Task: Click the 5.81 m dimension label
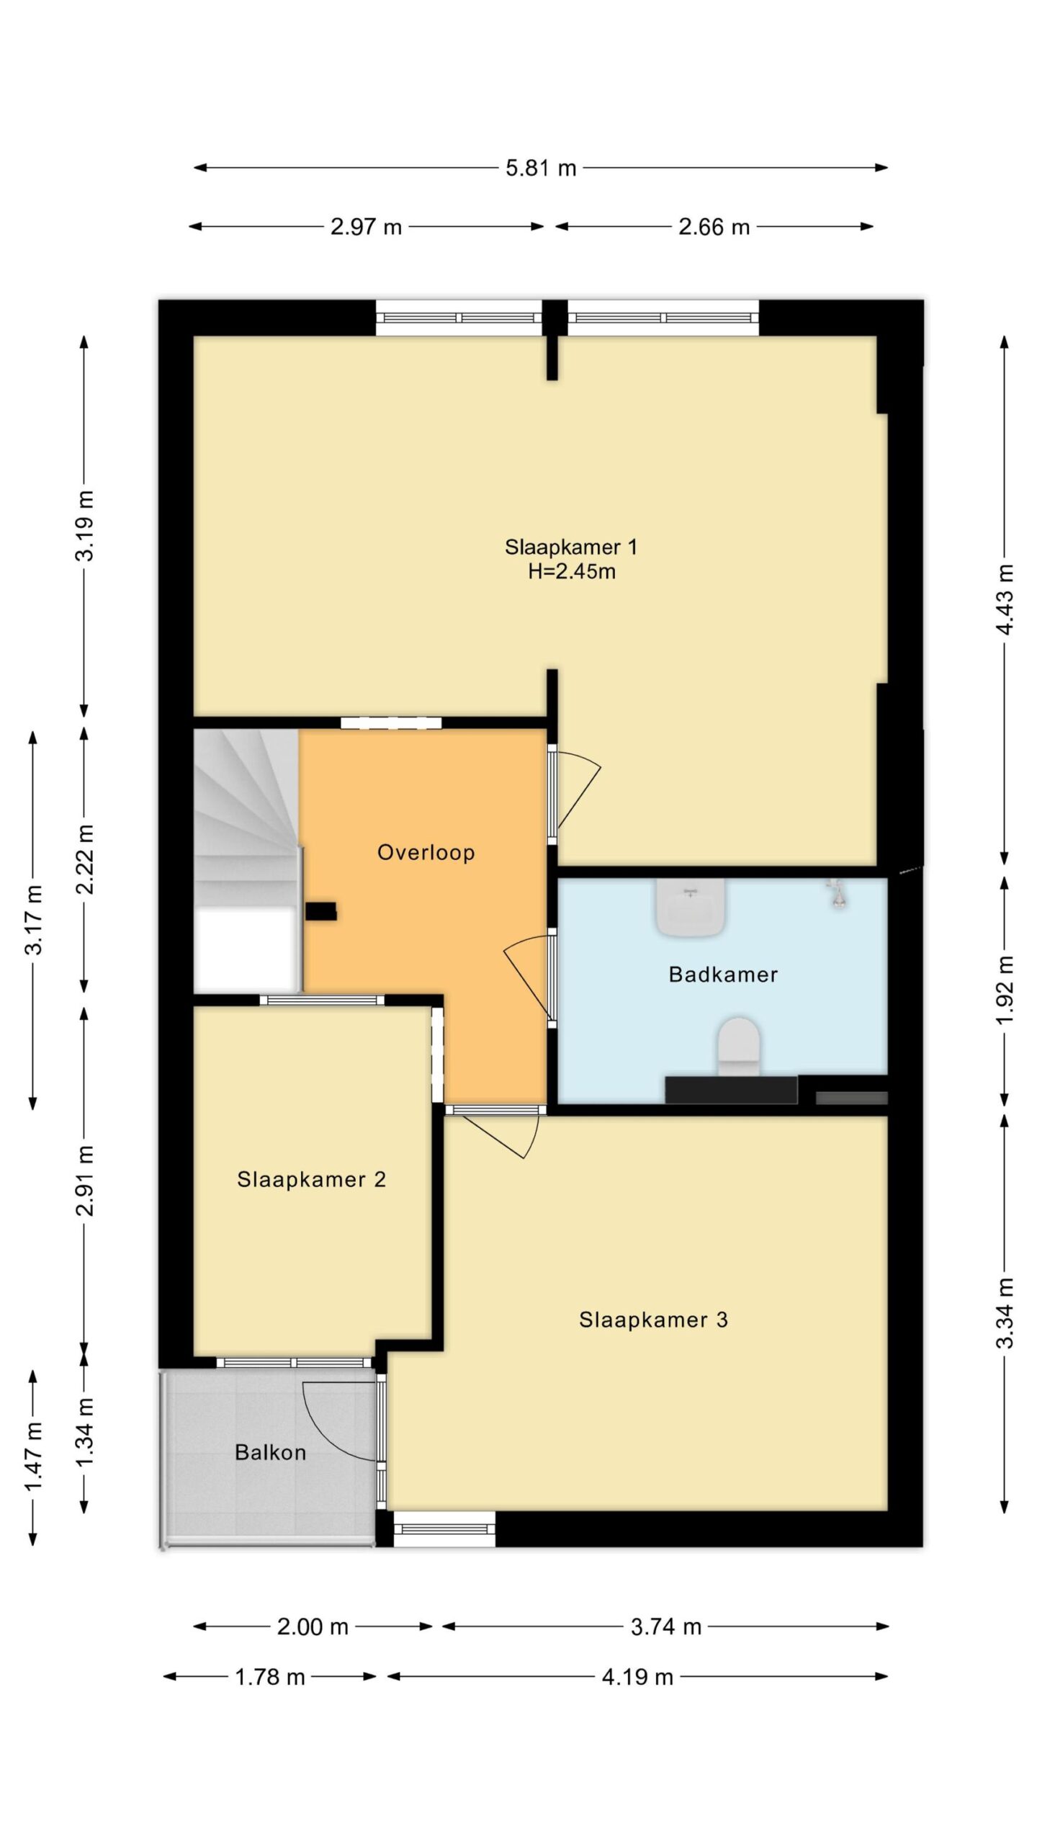(x=541, y=168)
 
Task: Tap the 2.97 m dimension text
(x=366, y=227)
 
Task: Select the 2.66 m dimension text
(x=714, y=227)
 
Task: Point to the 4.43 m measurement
(x=1005, y=599)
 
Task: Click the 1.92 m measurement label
(x=1005, y=990)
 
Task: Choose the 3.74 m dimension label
(x=666, y=1626)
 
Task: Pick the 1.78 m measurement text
(x=270, y=1677)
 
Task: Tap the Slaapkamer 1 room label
(x=571, y=547)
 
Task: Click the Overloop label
(x=426, y=853)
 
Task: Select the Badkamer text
(x=723, y=975)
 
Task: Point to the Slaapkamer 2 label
(x=311, y=1180)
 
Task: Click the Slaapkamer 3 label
(x=653, y=1320)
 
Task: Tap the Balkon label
(x=270, y=1452)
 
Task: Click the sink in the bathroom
(x=690, y=908)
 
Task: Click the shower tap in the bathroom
(x=837, y=893)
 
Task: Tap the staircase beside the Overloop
(x=247, y=861)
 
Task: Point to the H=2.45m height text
(x=572, y=572)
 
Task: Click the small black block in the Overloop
(x=320, y=911)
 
